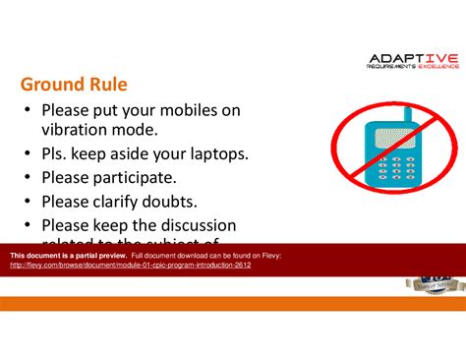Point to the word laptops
click(213, 154)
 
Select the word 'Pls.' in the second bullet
click(56, 154)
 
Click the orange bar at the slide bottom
click(233, 303)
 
